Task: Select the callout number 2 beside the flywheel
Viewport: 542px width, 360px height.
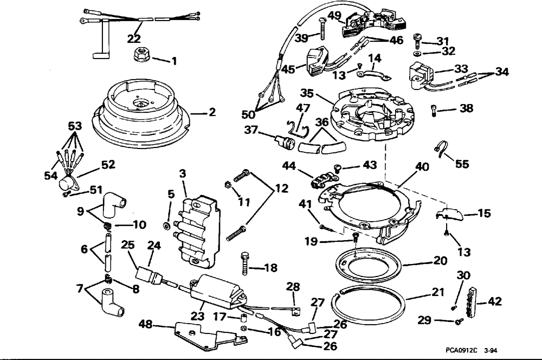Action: (212, 112)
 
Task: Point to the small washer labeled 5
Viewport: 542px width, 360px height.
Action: (166, 226)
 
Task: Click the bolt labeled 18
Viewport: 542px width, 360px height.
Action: (245, 263)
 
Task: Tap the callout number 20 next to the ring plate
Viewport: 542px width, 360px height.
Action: (440, 260)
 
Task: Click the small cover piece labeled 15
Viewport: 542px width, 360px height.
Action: (449, 214)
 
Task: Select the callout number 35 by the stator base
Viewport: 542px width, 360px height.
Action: (307, 93)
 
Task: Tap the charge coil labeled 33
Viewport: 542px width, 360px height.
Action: (422, 75)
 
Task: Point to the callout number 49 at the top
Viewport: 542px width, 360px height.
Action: (334, 16)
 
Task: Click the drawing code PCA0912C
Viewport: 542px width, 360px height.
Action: (461, 350)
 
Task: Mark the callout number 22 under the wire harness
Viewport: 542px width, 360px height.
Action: (134, 38)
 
